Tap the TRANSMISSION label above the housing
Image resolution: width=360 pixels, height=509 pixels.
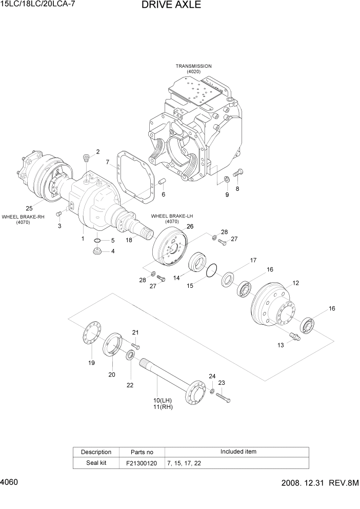tap(193, 66)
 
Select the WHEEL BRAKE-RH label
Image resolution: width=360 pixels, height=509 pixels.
tap(23, 217)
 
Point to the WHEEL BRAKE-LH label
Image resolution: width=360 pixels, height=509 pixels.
tap(172, 216)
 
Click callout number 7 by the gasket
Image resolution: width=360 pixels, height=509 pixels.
tap(108, 163)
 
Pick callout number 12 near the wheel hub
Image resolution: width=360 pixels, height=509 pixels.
tap(295, 283)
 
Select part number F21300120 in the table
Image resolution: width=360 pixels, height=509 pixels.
tap(142, 463)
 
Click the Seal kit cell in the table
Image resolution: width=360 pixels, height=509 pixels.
tap(96, 463)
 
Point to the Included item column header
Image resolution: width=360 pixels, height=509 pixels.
tap(238, 452)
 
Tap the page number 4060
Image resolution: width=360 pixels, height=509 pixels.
tap(10, 483)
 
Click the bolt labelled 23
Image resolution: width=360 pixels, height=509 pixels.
tap(223, 397)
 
